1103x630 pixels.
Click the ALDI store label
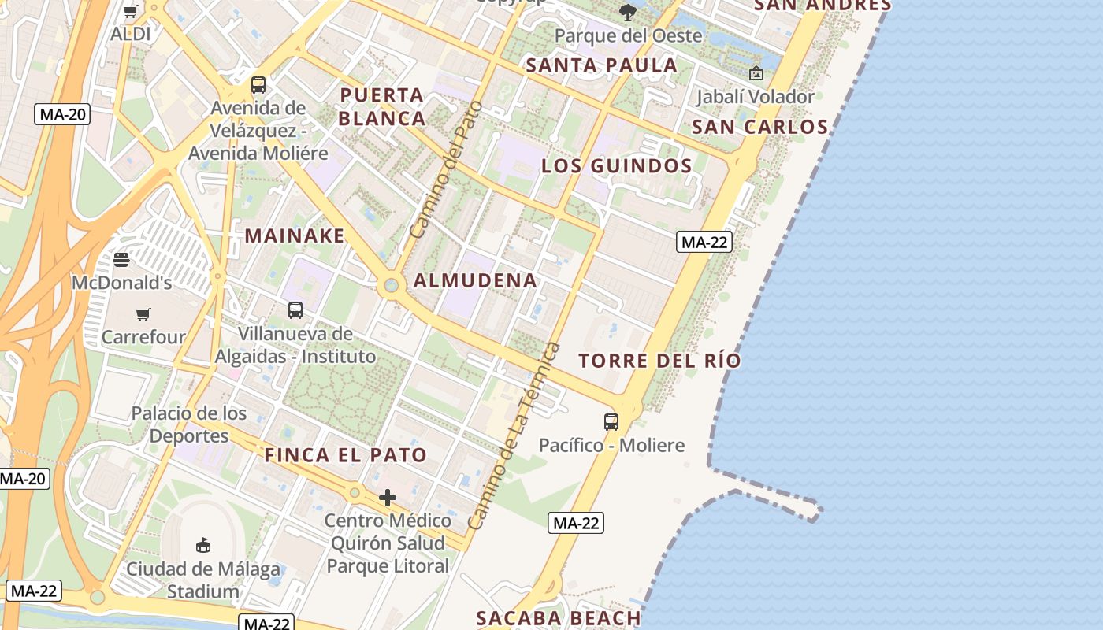pyautogui.click(x=131, y=34)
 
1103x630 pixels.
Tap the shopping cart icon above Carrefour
pyautogui.click(x=143, y=315)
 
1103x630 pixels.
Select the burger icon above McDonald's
pyautogui.click(x=121, y=259)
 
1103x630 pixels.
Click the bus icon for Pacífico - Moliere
pyautogui.click(x=611, y=421)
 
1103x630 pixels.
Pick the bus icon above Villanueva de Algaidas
pyautogui.click(x=295, y=310)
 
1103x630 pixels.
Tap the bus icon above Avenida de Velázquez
pyautogui.click(x=258, y=85)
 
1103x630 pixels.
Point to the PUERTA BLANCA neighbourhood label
pyautogui.click(x=383, y=107)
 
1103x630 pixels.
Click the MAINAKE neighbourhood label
pyautogui.click(x=295, y=235)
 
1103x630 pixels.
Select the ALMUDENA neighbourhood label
pyautogui.click(x=475, y=280)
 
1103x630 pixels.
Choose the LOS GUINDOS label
pyautogui.click(x=617, y=166)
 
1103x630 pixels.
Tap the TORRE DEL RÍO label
pyautogui.click(x=659, y=361)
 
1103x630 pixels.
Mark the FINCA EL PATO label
pyautogui.click(x=345, y=455)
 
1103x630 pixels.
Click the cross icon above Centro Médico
pyautogui.click(x=388, y=498)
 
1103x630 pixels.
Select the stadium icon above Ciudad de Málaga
pyautogui.click(x=203, y=545)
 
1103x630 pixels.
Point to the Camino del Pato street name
pyautogui.click(x=446, y=169)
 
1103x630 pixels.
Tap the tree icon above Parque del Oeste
pyautogui.click(x=628, y=12)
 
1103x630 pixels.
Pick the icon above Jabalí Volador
pyautogui.click(x=756, y=73)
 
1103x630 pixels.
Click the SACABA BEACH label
pyautogui.click(x=559, y=618)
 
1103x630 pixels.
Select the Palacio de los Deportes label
pyautogui.click(x=189, y=424)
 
